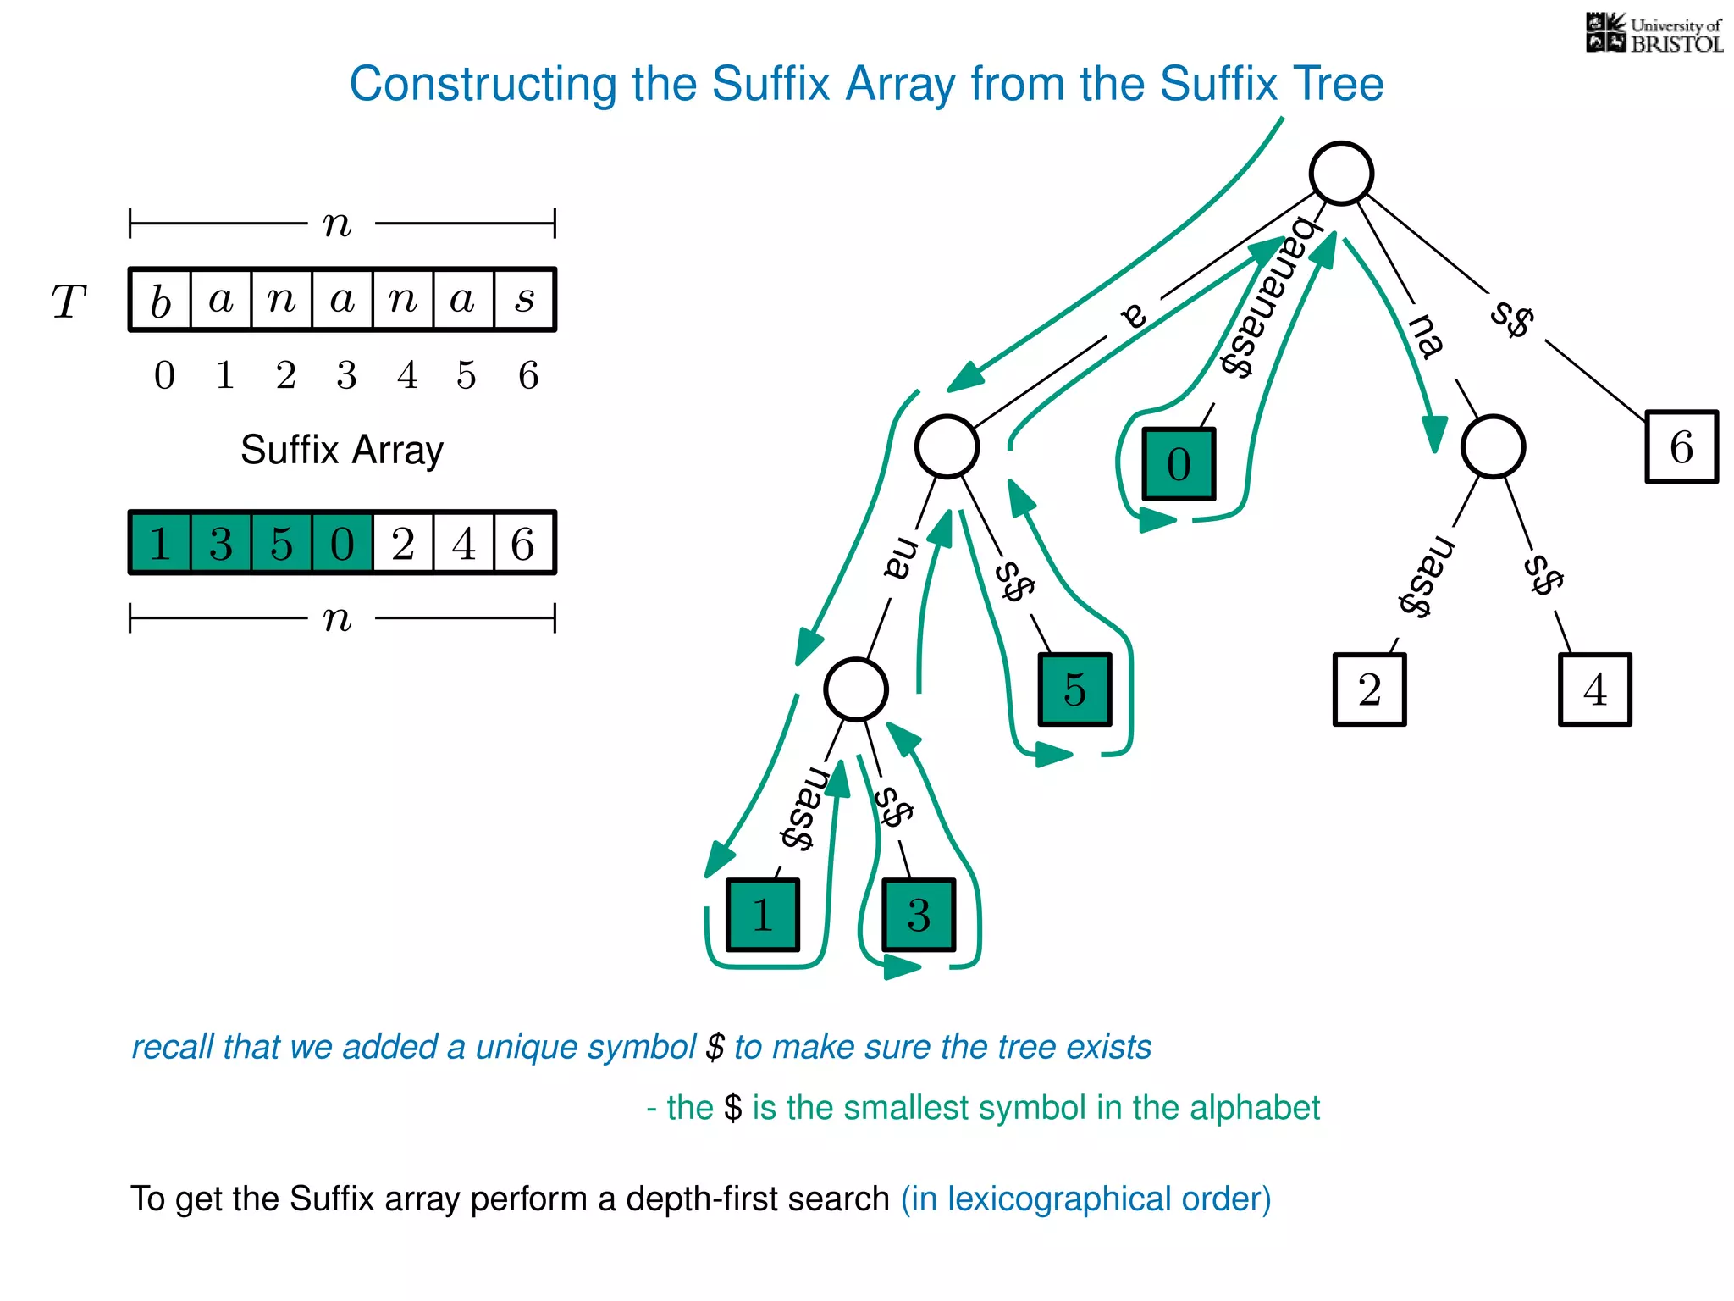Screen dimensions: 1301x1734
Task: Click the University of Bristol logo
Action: pyautogui.click(x=1653, y=34)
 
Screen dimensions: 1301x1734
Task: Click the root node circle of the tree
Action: pyautogui.click(x=1341, y=174)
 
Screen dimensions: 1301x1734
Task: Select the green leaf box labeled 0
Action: pyautogui.click(x=1179, y=464)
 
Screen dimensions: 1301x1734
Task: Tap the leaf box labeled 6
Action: pyautogui.click(x=1681, y=447)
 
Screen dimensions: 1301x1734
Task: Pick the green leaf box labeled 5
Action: pyautogui.click(x=1074, y=689)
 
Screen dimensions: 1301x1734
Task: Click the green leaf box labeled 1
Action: pyautogui.click(x=762, y=916)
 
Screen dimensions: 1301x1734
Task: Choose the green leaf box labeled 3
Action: pyautogui.click(x=919, y=916)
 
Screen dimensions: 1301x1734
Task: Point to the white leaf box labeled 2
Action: pyautogui.click(x=1369, y=689)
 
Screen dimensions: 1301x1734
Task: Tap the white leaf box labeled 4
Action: pyautogui.click(x=1594, y=689)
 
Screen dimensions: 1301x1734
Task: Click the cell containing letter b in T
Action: pyautogui.click(x=161, y=300)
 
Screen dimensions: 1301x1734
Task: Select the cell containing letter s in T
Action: pyautogui.click(x=525, y=300)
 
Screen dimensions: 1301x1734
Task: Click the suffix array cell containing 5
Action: pyautogui.click(x=282, y=543)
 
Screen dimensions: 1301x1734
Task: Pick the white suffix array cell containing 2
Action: pyautogui.click(x=403, y=543)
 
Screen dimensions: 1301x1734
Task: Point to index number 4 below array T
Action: pyautogui.click(x=407, y=375)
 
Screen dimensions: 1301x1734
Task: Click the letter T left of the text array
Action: pyautogui.click(x=69, y=302)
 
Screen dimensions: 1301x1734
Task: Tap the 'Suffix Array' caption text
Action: pyautogui.click(x=341, y=450)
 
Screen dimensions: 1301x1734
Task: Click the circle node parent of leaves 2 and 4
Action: pyautogui.click(x=1493, y=446)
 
